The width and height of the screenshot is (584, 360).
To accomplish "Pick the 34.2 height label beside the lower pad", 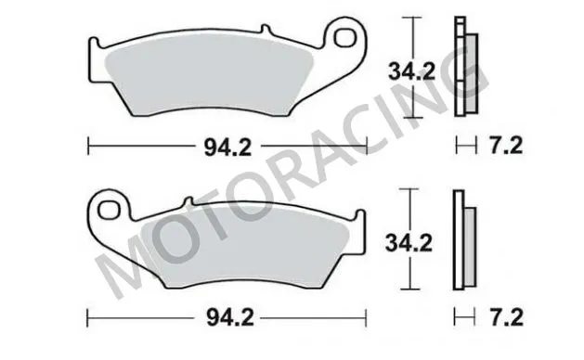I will click(409, 242).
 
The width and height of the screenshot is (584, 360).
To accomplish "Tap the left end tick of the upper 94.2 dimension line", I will click(87, 145).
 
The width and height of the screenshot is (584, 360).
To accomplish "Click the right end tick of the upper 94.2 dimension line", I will click(369, 145).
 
